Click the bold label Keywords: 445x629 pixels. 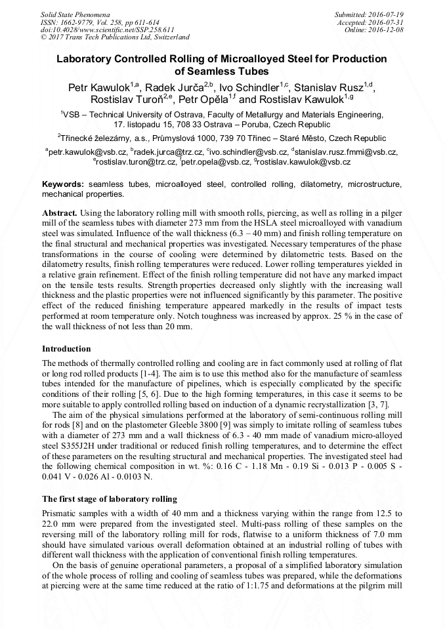(x=63, y=185)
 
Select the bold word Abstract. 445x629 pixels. (x=60, y=213)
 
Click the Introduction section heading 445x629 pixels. (x=66, y=348)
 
